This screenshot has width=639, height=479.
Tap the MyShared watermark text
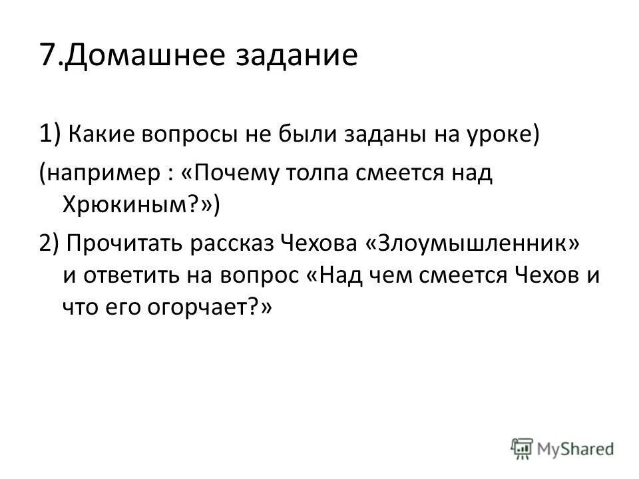pos(576,447)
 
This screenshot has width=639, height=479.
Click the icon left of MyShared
pos(523,447)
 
